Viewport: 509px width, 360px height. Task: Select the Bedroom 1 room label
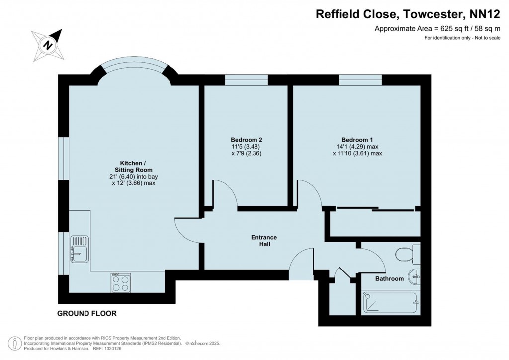click(x=357, y=139)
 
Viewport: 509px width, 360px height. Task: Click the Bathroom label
click(x=389, y=279)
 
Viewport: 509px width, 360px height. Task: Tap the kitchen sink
click(x=79, y=248)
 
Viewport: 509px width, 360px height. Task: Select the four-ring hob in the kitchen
click(x=121, y=283)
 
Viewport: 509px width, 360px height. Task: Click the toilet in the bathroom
click(x=407, y=254)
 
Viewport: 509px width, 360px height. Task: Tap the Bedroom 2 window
click(x=246, y=80)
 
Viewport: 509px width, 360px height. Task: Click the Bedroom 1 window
click(x=360, y=80)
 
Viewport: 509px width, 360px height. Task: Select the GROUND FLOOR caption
click(x=87, y=314)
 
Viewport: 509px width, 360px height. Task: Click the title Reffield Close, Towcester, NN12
click(x=408, y=14)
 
